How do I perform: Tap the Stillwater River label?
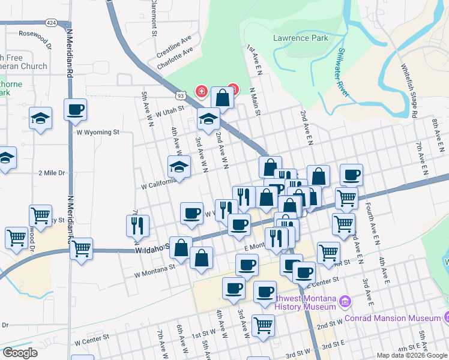(343, 73)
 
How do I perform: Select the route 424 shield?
(51, 23)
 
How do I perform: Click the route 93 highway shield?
(180, 95)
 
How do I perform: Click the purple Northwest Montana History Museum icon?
(345, 301)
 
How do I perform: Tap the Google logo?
(20, 353)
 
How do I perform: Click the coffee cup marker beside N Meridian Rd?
(75, 110)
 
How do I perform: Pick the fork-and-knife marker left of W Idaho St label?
(137, 225)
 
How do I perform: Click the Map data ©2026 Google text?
(412, 355)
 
